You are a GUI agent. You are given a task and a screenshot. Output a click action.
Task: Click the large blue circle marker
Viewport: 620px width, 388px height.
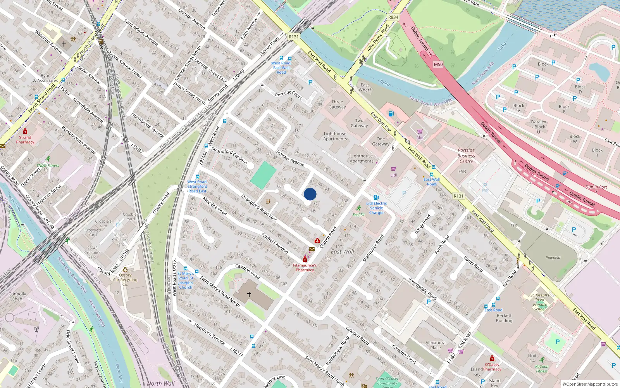310,194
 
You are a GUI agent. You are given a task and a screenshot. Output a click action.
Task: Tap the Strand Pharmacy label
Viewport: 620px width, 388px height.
25,140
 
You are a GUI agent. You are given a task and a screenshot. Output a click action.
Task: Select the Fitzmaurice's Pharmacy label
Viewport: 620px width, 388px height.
305,268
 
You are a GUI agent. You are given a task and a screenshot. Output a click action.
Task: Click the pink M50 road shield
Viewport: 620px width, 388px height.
438,64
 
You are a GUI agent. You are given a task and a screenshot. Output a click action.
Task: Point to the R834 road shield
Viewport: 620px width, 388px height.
393,17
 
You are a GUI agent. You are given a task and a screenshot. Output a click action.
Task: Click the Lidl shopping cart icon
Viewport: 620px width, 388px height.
394,169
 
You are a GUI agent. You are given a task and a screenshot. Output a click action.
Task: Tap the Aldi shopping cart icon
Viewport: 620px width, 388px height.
420,132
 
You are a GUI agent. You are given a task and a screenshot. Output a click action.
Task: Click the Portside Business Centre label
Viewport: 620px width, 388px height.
466,156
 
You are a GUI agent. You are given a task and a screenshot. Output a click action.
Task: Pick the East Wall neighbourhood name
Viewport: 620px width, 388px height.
343,251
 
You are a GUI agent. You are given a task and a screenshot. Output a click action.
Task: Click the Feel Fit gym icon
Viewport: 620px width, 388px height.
359,208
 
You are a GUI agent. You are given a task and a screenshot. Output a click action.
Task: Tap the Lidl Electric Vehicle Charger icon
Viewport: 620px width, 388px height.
376,197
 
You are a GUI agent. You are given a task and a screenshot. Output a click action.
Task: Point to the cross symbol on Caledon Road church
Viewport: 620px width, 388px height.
249,294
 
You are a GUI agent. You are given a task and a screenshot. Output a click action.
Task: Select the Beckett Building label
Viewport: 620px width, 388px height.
504,318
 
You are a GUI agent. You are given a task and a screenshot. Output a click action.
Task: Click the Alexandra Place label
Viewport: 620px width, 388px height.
435,345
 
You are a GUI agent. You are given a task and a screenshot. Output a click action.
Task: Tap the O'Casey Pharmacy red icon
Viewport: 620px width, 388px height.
492,358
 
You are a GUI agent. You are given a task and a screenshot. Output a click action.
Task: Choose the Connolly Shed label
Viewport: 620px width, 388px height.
17,296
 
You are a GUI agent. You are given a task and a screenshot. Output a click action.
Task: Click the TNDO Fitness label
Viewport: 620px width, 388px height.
48,165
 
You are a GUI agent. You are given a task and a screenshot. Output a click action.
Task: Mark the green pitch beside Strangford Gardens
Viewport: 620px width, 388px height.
263,175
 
